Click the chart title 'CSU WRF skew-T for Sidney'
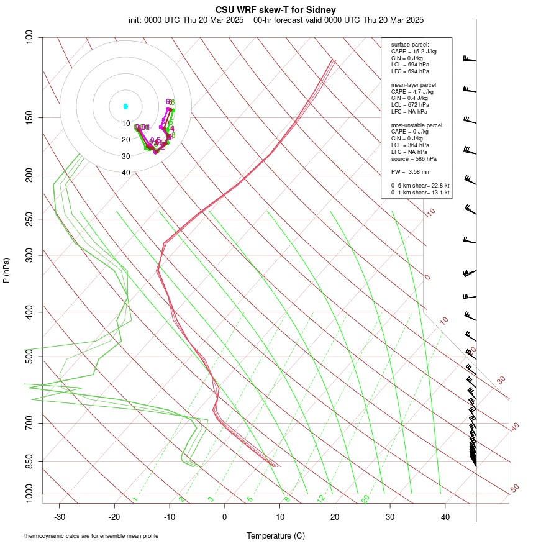pos(276,10)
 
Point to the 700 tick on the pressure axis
pos(29,424)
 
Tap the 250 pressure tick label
pos(29,219)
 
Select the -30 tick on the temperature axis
pos(60,517)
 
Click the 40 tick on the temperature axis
pos(445,517)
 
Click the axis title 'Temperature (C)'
pos(276,535)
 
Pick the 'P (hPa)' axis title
pos(6,271)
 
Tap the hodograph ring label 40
pos(126,173)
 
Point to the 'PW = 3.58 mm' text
pos(411,171)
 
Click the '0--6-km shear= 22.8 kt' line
pos(420,186)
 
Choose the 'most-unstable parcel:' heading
pos(417,125)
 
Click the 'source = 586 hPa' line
pos(412,159)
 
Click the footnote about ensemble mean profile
pos(91,535)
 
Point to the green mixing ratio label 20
pos(366,499)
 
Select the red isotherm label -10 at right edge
pos(430,212)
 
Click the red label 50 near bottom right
pos(515,489)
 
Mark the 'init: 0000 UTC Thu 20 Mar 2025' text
pos(186,20)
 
